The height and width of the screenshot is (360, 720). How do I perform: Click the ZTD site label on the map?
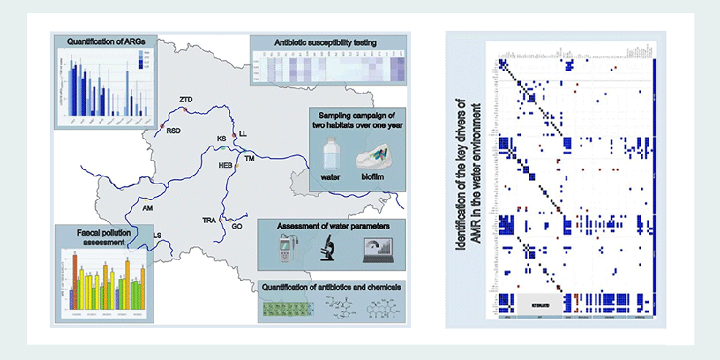[184, 99]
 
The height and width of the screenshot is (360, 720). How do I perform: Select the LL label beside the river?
[244, 134]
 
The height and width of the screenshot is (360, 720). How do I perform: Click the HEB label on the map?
[225, 165]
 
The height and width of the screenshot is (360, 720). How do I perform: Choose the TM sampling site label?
[250, 158]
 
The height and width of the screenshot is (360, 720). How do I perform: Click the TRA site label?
[209, 220]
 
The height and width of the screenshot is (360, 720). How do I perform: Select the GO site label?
[236, 227]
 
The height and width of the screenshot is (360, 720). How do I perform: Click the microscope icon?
[326, 249]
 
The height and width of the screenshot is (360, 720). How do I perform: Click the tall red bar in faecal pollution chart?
[75, 279]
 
